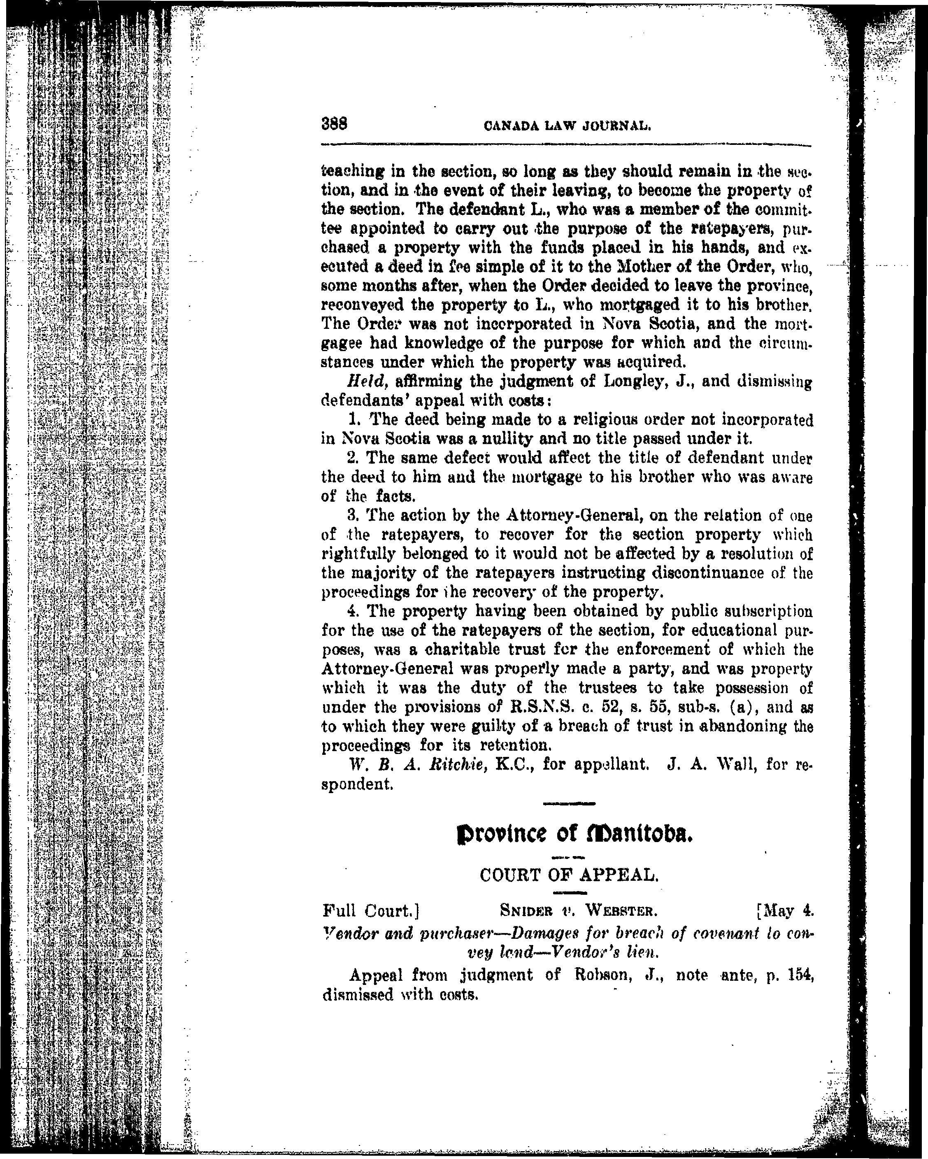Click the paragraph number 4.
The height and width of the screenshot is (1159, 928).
[353, 611]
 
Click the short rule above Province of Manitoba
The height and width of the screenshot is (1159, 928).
[570, 804]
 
